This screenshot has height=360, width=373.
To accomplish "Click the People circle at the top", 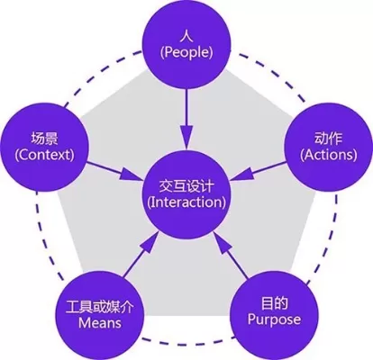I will click(x=185, y=43).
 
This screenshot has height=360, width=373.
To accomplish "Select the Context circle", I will click(x=44, y=148).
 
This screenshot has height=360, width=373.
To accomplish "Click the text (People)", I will click(x=185, y=53).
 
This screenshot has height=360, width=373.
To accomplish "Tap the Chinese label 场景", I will click(x=44, y=139).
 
